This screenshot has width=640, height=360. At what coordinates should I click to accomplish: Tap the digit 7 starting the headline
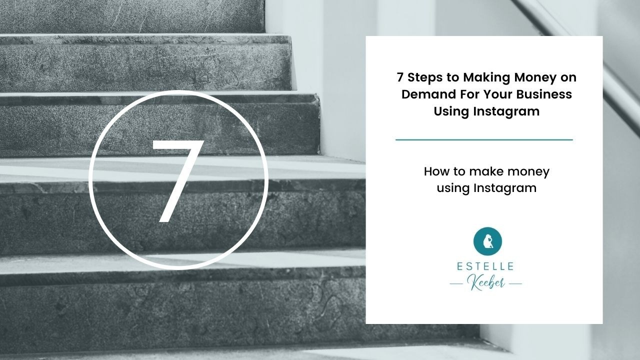coord(400,77)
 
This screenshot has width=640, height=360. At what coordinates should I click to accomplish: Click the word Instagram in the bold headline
coord(506,111)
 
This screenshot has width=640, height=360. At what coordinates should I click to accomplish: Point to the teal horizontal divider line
coord(484,140)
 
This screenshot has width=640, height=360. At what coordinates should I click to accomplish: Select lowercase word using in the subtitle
coord(453,189)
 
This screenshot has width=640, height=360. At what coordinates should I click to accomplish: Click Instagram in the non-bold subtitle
coord(505,189)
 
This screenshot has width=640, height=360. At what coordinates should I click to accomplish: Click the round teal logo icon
coord(487,241)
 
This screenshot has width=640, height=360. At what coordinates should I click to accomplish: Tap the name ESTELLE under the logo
coord(485,266)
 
